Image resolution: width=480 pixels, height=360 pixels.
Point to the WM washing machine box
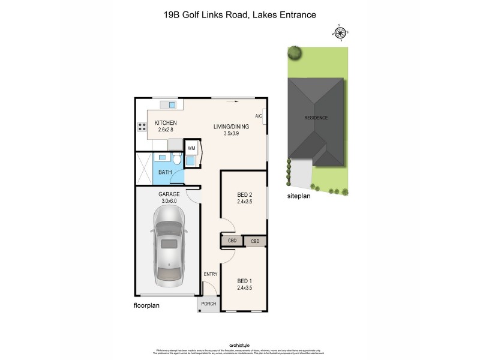click(x=192, y=148)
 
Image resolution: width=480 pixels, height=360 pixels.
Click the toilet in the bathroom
click(x=177, y=160)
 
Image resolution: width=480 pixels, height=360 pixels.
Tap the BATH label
click(x=164, y=173)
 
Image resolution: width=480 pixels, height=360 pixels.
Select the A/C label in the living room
click(x=259, y=116)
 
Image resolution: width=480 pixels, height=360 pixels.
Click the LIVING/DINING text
click(x=232, y=127)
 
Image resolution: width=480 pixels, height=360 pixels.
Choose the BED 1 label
click(x=243, y=281)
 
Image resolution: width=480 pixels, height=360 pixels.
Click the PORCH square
click(x=208, y=304)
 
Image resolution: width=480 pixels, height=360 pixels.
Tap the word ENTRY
click(x=211, y=275)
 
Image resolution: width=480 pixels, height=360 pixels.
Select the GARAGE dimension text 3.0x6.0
click(x=169, y=202)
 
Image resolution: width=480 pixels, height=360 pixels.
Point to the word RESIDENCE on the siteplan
click(x=316, y=118)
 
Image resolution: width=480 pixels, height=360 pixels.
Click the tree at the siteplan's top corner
click(x=294, y=53)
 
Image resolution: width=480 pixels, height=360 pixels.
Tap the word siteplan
click(x=299, y=196)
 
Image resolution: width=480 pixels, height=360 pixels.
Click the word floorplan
click(x=146, y=305)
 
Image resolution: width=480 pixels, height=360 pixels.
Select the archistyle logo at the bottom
click(x=239, y=345)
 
